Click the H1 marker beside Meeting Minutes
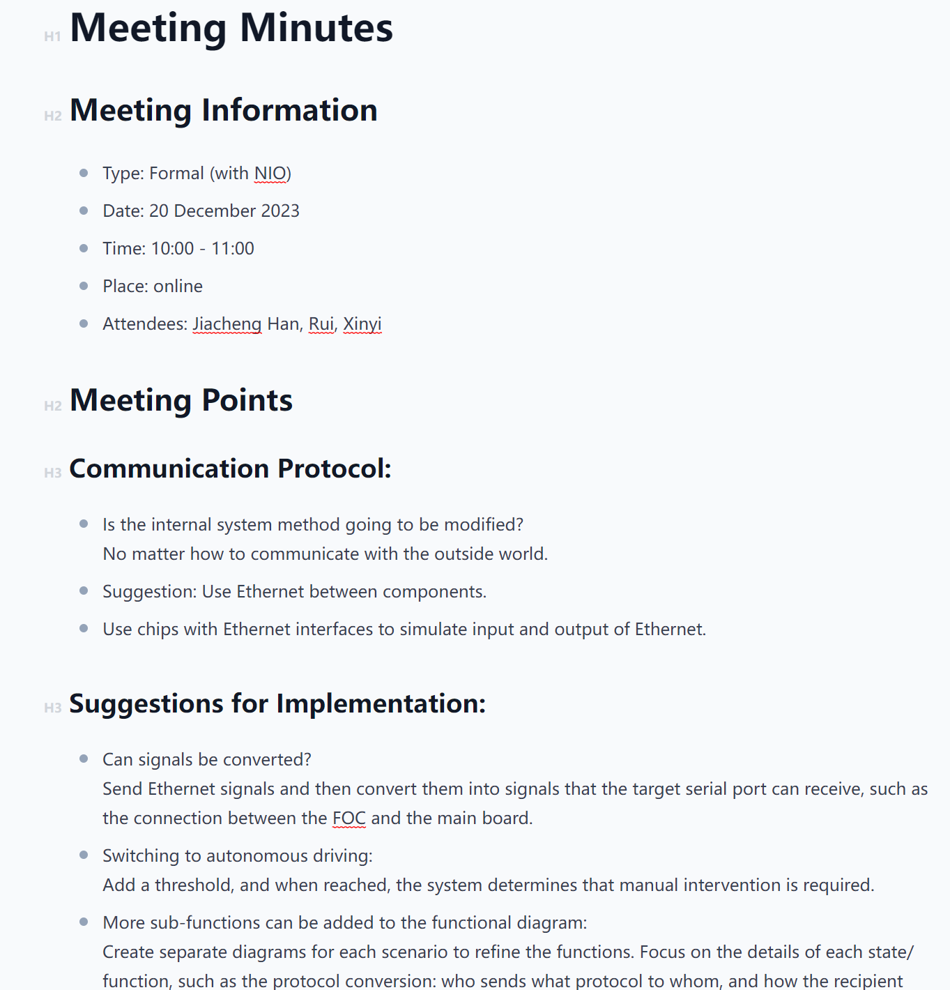[x=52, y=36]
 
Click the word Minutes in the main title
[x=316, y=29]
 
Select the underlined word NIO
[x=270, y=173]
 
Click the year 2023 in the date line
[x=279, y=211]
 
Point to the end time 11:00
[x=233, y=248]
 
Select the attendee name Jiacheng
[x=227, y=323]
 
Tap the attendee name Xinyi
[x=362, y=323]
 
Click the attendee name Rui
[x=321, y=323]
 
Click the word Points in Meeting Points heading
[x=247, y=400]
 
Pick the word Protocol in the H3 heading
[x=334, y=469]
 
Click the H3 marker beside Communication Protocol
[x=52, y=473]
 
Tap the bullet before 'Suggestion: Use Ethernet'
[x=84, y=591]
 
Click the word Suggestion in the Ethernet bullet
[x=149, y=591]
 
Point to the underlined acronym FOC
[x=349, y=818]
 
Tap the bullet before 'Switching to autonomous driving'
[x=84, y=855]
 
